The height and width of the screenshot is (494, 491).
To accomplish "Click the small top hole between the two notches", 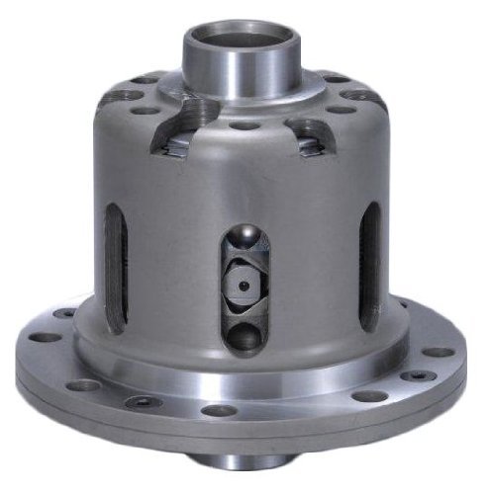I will (x=241, y=126).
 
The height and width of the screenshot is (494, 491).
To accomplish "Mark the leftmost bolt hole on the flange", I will (x=45, y=337).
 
